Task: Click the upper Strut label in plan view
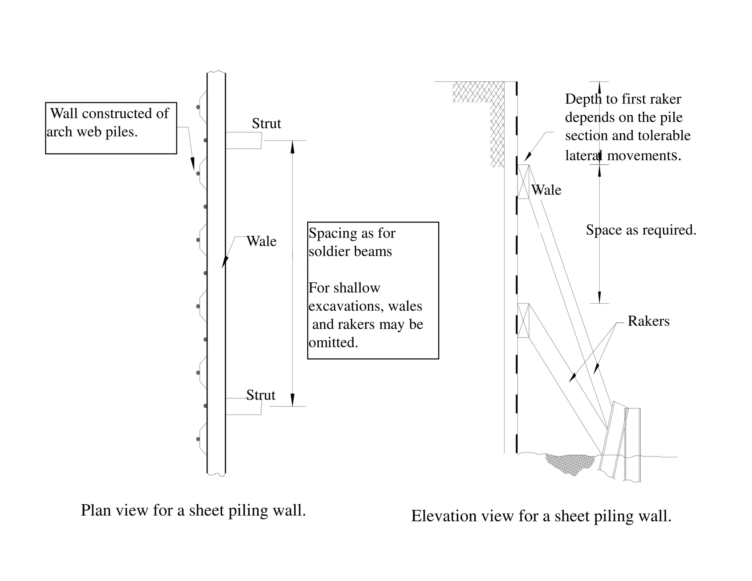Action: click(266, 124)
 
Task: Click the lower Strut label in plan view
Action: click(260, 395)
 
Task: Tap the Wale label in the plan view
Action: click(261, 241)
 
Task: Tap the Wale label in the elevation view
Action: click(546, 190)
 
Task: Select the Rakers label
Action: click(648, 321)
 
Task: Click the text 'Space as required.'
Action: click(641, 230)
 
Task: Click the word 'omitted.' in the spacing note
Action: click(333, 343)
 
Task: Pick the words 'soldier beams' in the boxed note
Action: click(350, 252)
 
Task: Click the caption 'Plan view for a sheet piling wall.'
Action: click(193, 510)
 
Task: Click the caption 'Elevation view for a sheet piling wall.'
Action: click(541, 516)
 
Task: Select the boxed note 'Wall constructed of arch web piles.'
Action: click(111, 127)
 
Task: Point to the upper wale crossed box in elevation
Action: click(523, 181)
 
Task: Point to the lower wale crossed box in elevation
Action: click(523, 320)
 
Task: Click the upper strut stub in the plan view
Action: click(243, 140)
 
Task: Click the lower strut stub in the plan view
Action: click(243, 407)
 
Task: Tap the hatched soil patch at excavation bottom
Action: click(569, 463)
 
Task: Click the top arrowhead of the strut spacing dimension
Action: click(292, 147)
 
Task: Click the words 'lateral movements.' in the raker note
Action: click(623, 156)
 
